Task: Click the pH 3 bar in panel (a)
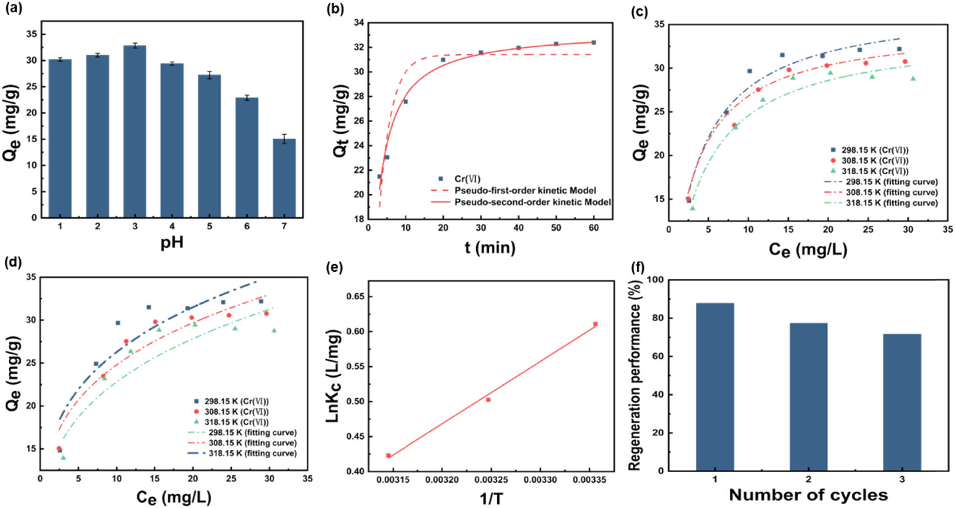[x=135, y=131]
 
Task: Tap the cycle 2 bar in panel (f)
[x=808, y=397]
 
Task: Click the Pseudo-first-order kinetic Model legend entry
[x=525, y=190]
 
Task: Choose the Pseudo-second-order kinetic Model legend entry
[x=532, y=202]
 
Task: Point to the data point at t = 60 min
[x=594, y=42]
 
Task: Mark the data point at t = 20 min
[x=443, y=60]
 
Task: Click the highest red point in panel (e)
[x=595, y=324]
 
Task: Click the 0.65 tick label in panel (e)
[x=354, y=296]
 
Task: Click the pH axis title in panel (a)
[x=172, y=243]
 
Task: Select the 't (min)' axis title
[x=490, y=247]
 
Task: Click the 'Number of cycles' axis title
[x=808, y=495]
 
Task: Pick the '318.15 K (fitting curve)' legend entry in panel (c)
[x=891, y=203]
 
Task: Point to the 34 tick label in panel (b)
[x=359, y=22]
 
